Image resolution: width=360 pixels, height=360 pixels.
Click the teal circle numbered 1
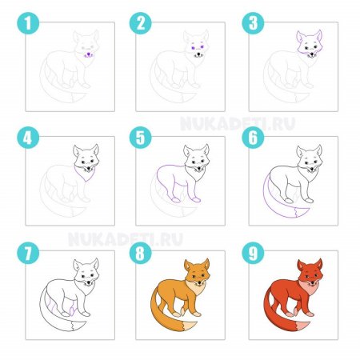[28, 23]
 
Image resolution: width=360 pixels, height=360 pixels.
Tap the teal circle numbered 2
[141, 23]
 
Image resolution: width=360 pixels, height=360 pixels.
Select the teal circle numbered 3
[253, 23]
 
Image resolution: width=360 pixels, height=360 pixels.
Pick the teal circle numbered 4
[28, 138]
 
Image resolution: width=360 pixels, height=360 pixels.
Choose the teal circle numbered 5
[141, 138]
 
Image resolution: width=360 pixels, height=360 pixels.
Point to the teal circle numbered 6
[253, 138]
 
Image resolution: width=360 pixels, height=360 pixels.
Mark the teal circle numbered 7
[28, 253]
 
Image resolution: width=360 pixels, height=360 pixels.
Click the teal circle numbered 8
[141, 253]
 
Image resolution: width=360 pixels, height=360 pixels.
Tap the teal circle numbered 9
[253, 253]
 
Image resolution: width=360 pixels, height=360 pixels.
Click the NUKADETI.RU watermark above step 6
[238, 123]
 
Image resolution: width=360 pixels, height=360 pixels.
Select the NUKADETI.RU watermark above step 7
[126, 239]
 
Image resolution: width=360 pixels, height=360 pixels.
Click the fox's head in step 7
[86, 271]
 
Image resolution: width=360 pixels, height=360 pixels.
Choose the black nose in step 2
[198, 54]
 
